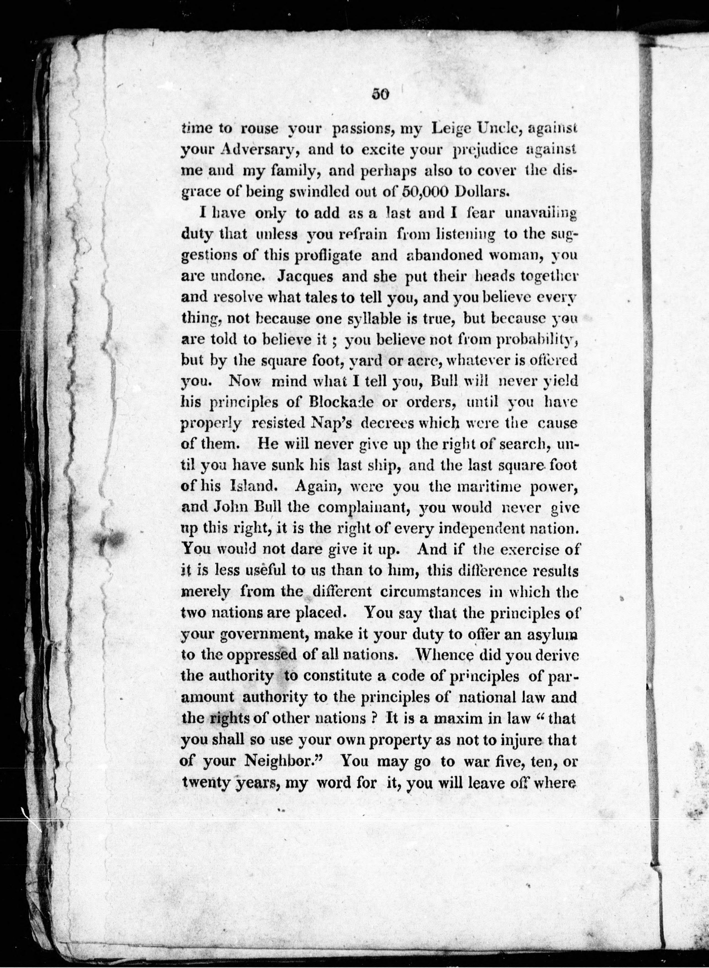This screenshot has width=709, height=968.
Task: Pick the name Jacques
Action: click(x=305, y=276)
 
